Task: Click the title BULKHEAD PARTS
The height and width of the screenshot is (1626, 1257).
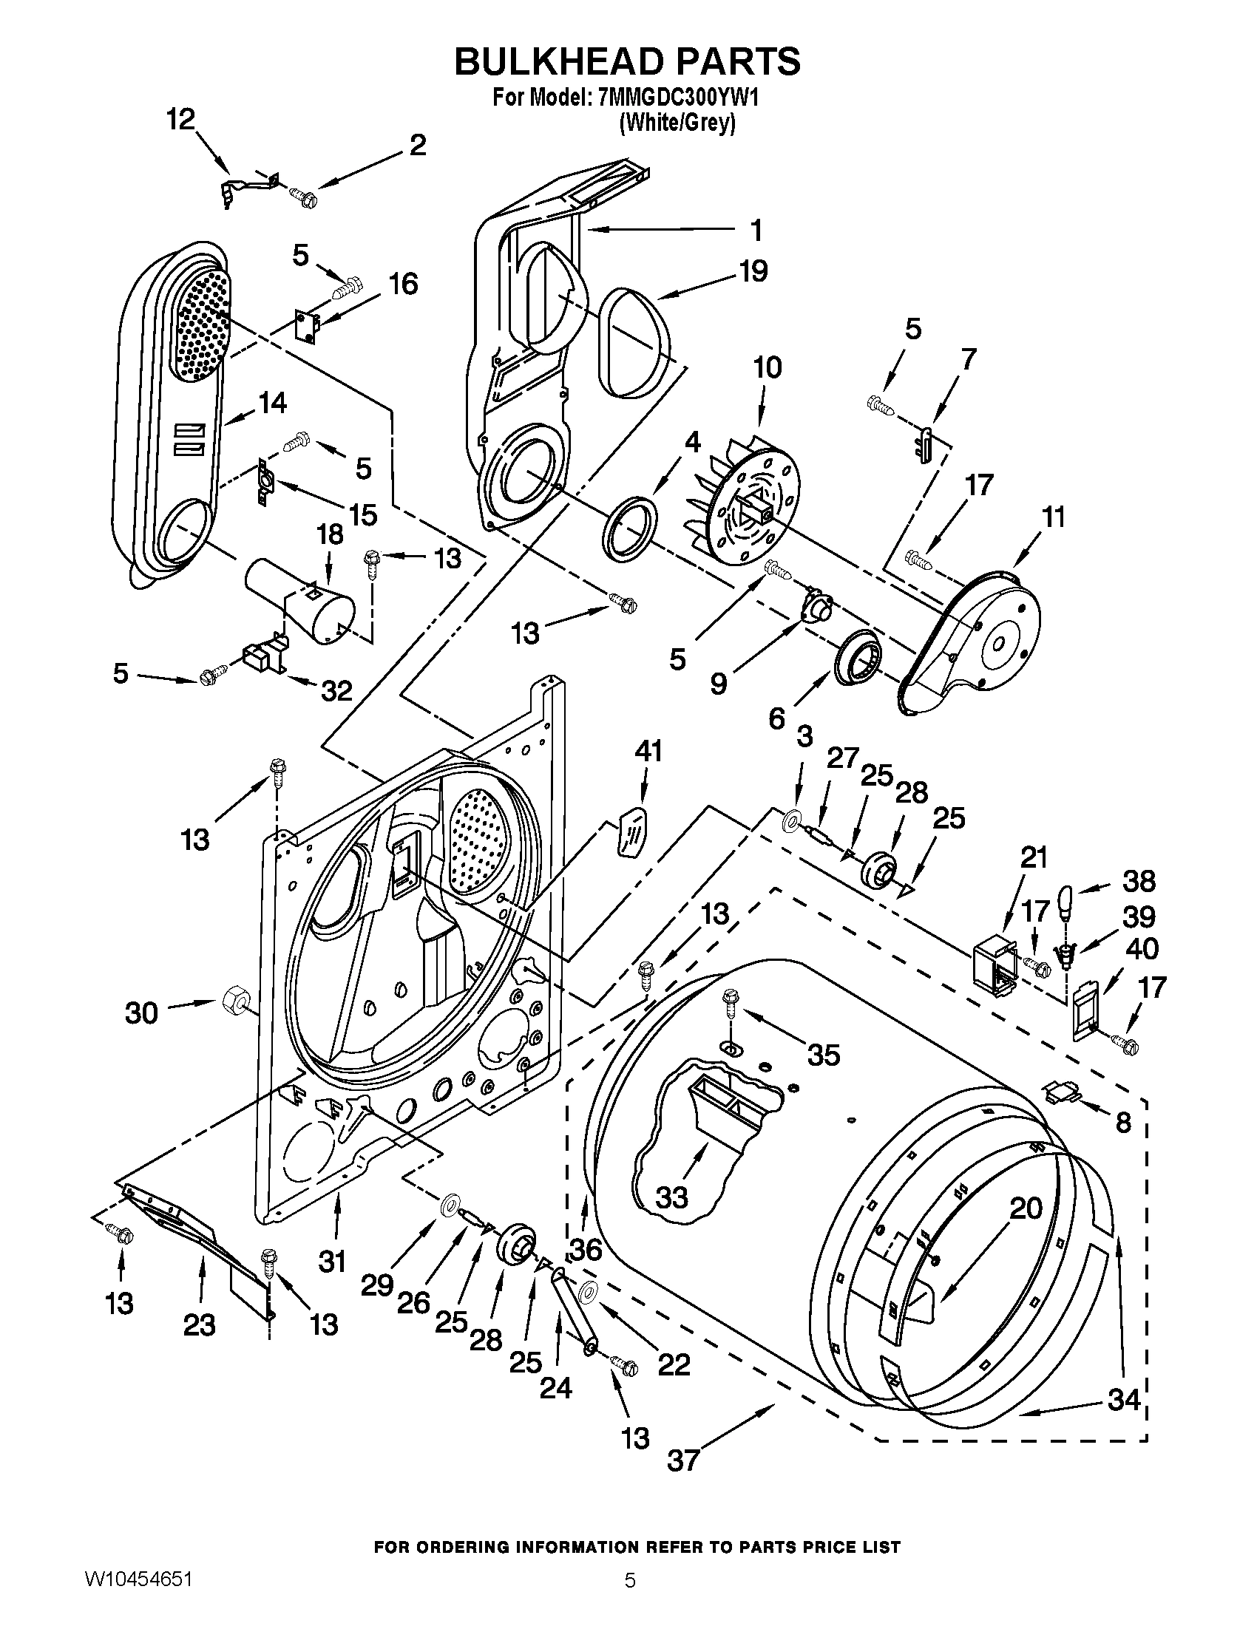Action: tap(628, 61)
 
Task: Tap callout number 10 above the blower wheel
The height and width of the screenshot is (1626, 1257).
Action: tap(768, 367)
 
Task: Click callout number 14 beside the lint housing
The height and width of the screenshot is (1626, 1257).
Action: tap(272, 403)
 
